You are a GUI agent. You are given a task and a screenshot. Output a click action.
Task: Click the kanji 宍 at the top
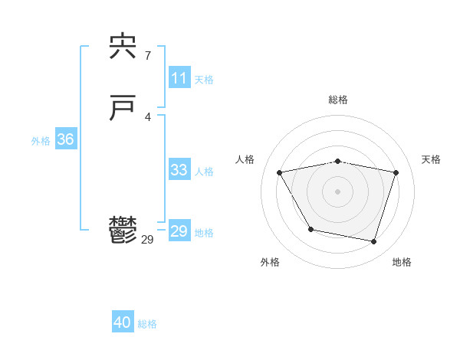coord(123,49)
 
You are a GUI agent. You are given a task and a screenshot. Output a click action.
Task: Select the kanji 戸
coord(123,110)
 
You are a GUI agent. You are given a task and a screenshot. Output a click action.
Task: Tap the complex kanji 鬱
coord(123,231)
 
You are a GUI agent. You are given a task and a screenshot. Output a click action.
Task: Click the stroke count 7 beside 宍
coord(147,55)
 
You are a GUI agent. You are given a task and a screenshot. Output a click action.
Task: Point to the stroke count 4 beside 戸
coord(147,116)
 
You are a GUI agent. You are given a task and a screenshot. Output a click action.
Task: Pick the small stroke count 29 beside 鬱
coord(148,239)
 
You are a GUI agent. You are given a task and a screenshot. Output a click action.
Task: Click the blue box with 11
coord(179,78)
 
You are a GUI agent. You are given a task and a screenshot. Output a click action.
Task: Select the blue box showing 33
coord(179,170)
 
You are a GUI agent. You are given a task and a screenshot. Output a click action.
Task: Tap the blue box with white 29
coord(179,231)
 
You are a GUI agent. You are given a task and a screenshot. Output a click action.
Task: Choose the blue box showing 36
coord(65,139)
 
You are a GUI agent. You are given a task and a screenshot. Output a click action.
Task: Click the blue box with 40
coord(123,322)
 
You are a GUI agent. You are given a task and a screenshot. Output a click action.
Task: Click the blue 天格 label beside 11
coord(204,80)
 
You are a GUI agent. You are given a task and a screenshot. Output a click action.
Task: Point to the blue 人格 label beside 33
coord(204,172)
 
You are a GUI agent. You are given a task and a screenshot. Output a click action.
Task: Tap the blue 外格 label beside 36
coord(41,141)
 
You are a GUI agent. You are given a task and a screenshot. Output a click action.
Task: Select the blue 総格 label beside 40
coord(147,324)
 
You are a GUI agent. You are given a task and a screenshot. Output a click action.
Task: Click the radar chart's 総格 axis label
coord(337,100)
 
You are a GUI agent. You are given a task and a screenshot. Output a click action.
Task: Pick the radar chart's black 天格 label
coord(432,159)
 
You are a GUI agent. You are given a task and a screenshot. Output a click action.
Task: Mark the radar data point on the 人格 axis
coord(279,172)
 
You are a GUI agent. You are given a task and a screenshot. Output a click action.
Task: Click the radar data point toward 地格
coord(373,242)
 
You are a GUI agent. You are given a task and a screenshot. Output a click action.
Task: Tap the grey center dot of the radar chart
coord(337,191)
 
